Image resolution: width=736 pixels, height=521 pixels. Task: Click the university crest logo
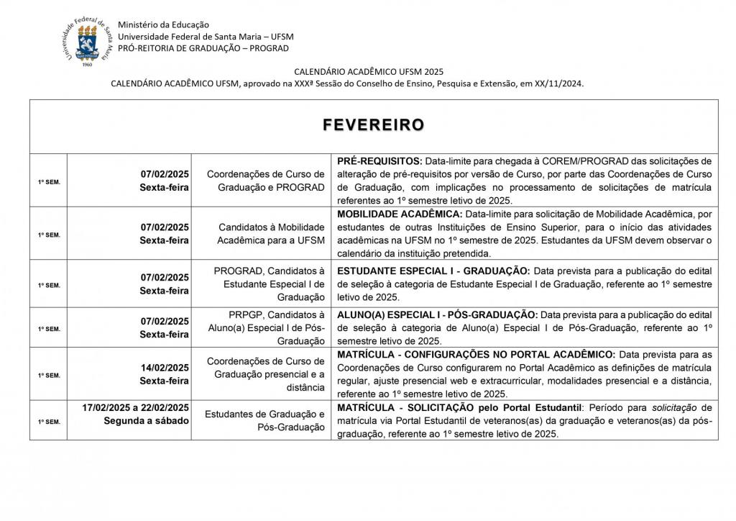(87, 42)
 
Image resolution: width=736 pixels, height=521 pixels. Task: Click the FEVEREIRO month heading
(373, 125)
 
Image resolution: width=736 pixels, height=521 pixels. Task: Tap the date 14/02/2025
(165, 368)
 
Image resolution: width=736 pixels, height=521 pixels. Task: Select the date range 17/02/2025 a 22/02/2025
(136, 407)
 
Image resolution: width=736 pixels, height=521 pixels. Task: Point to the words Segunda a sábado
(147, 420)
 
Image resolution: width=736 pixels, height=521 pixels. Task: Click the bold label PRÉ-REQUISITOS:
(380, 161)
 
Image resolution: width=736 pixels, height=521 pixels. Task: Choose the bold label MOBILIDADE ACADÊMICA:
(400, 214)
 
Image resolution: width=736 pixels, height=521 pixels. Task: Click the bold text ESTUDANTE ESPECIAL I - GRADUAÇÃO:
(433, 271)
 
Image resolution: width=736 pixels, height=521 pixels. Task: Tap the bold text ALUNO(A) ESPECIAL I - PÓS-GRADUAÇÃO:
(437, 314)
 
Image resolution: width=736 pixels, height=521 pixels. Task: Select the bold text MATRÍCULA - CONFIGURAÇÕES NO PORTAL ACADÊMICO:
(476, 355)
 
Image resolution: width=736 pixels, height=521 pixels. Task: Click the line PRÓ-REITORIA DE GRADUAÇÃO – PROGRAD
(203, 48)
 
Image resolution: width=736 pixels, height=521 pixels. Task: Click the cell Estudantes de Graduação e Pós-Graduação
(265, 420)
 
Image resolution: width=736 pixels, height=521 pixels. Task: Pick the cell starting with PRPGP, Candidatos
(270, 327)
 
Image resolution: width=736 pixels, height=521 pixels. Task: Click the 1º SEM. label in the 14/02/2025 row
(49, 375)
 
